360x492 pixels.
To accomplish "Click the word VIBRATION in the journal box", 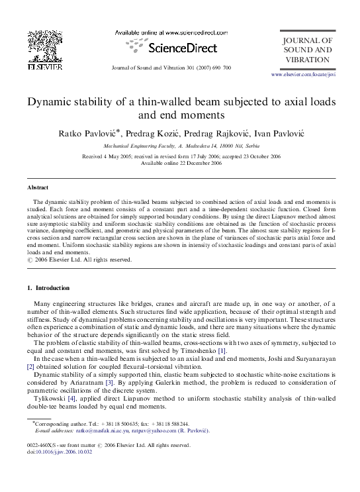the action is pos(307,60).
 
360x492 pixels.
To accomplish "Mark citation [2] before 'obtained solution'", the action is pos(30,366).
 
